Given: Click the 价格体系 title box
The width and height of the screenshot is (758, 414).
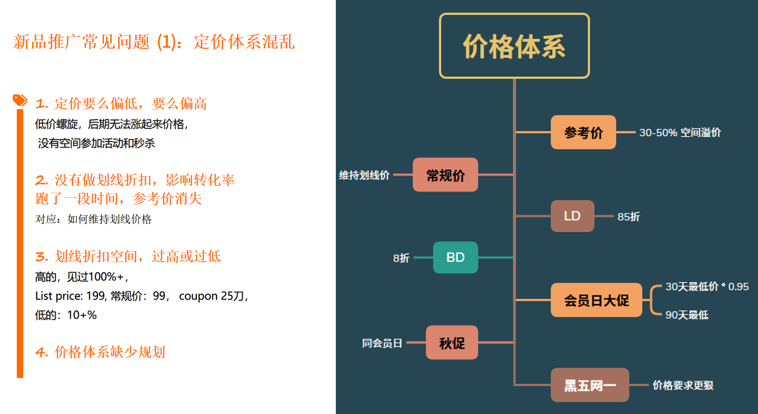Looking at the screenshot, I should [514, 46].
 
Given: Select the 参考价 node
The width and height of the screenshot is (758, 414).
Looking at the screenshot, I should [583, 132].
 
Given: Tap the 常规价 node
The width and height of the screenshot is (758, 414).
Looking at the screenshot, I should [445, 175].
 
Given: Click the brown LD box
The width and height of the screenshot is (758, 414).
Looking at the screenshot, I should [572, 216].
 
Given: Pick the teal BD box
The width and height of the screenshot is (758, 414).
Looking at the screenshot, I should [455, 257].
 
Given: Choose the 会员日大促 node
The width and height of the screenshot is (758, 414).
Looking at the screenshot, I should [596, 300].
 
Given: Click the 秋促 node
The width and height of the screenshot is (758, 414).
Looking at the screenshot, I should [452, 343].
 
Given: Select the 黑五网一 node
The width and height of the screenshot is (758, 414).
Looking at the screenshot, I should [590, 385].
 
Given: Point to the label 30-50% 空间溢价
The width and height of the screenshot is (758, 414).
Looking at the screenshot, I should [680, 133].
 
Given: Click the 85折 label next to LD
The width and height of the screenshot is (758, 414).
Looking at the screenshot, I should [628, 217].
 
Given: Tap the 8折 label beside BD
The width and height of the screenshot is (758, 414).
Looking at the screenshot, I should [401, 258].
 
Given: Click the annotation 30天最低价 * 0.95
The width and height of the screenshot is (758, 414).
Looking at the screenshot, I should [707, 287].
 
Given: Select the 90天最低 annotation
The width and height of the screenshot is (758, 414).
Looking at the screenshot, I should [686, 315].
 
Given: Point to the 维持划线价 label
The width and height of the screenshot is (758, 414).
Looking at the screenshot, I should [364, 175].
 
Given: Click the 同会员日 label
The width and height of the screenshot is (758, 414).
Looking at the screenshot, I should [382, 343].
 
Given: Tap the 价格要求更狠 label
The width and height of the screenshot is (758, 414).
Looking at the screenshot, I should [683, 385].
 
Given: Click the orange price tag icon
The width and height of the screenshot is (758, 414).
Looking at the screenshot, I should [20, 100].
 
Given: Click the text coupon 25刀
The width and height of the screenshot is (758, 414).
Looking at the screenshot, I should [213, 296].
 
